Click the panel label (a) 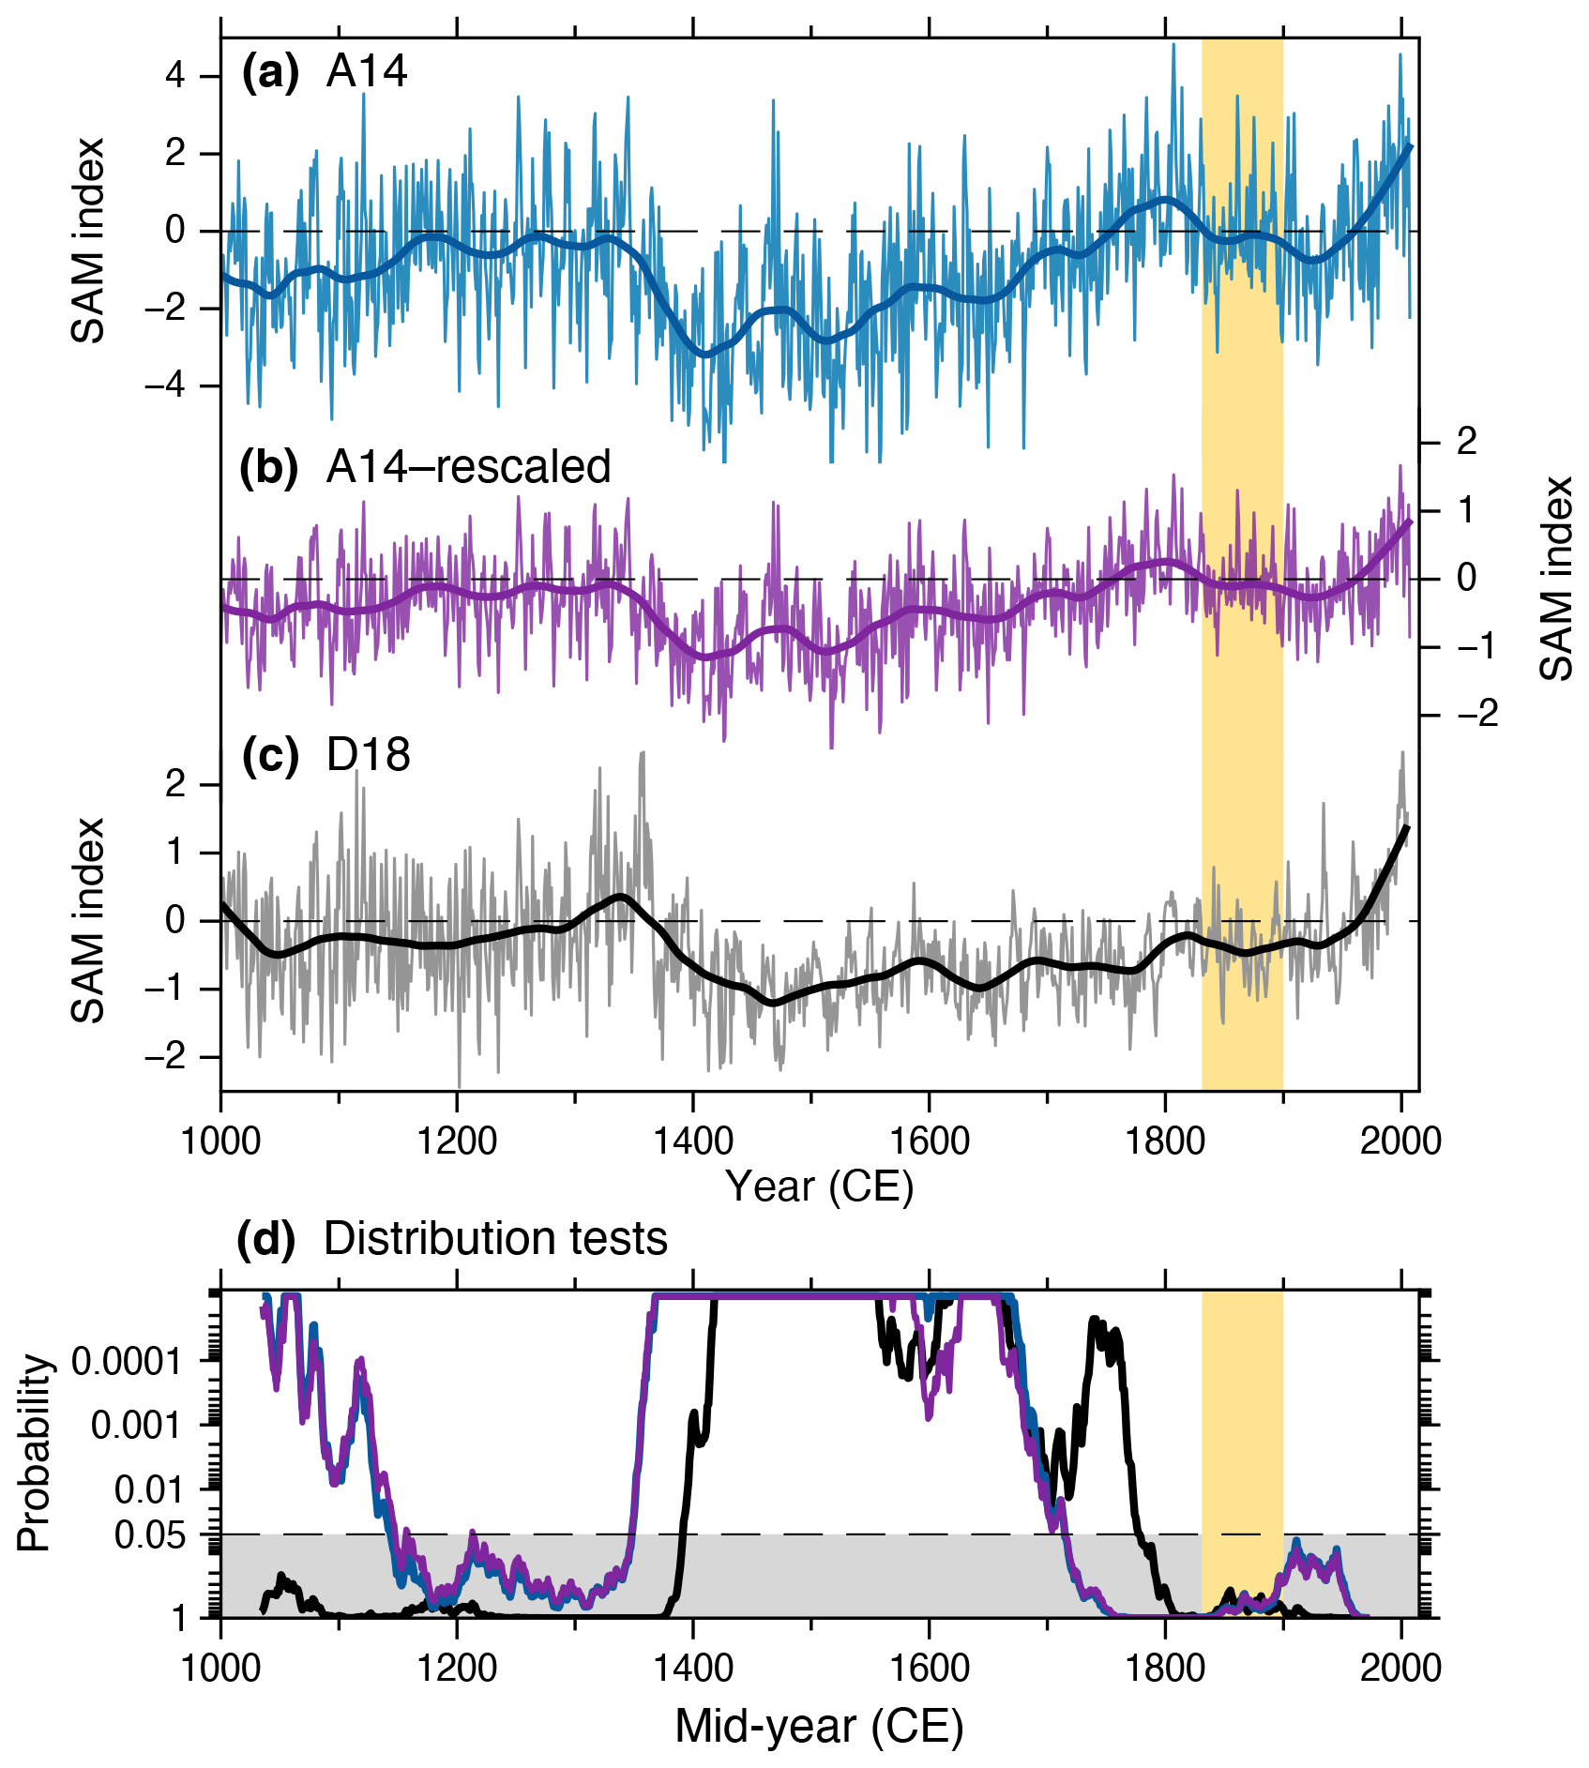point(270,71)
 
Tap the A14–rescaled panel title point(468,466)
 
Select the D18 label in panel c point(368,754)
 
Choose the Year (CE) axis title point(819,1186)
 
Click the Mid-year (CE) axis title point(819,1727)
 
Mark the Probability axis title point(34,1453)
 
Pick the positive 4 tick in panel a point(175,75)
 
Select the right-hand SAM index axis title point(1556,578)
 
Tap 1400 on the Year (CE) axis point(692,1141)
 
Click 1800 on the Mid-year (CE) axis point(1165,1669)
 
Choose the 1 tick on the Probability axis point(180,1618)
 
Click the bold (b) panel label point(269,466)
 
